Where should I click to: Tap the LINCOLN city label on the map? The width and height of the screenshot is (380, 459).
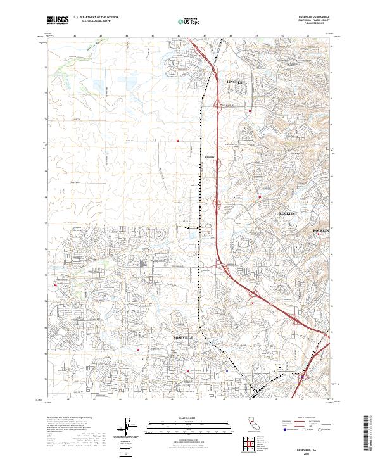tap(236, 82)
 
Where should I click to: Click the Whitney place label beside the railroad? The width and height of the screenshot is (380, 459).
tap(210, 156)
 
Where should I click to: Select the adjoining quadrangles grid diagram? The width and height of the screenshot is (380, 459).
tap(248, 444)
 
